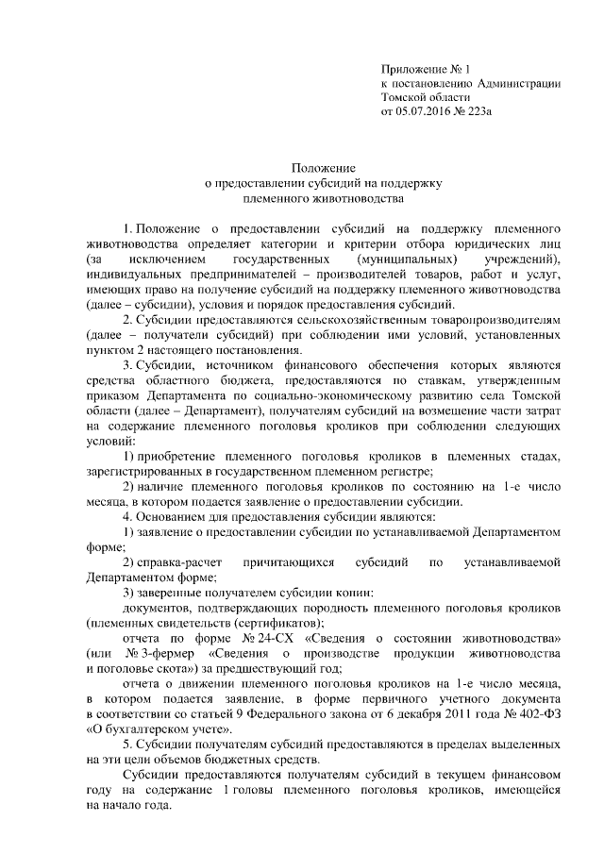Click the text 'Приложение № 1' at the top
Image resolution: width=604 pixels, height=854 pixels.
[425, 68]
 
